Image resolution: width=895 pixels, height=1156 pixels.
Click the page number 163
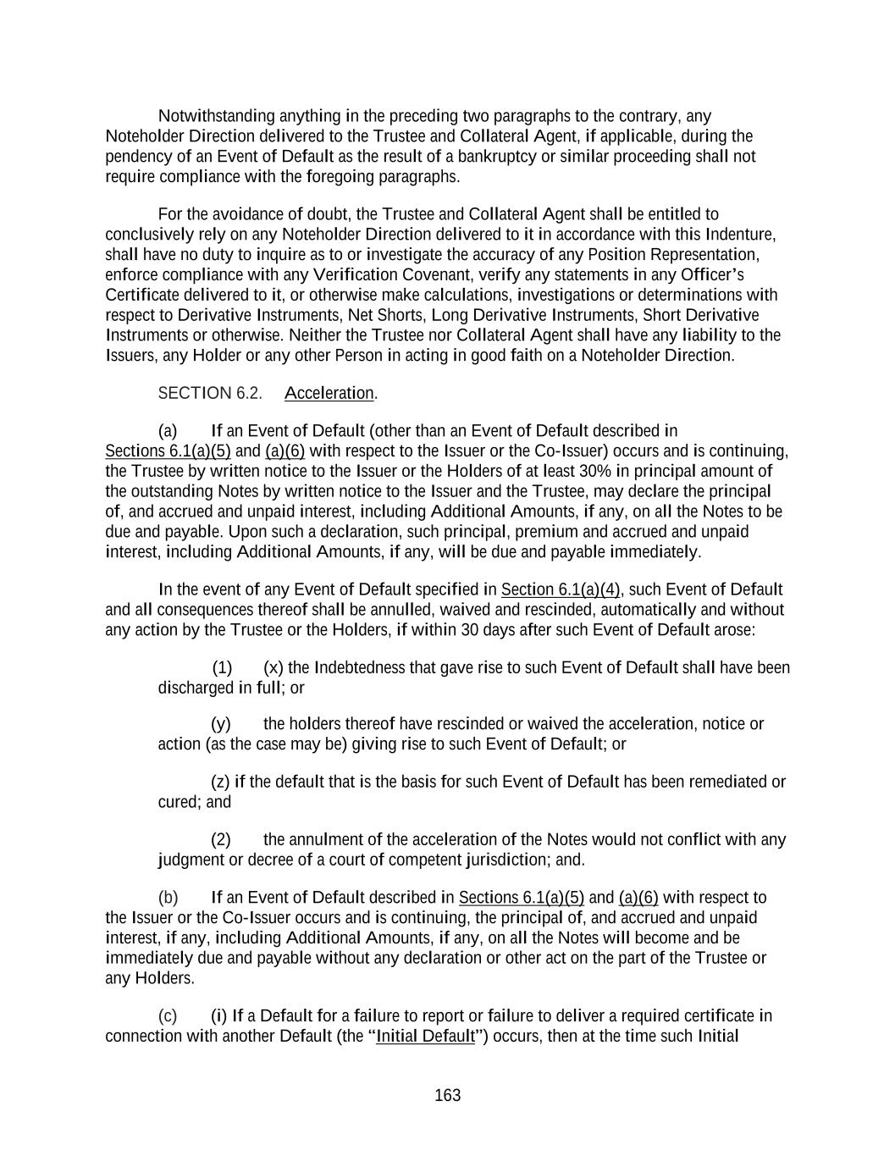pos(447,1096)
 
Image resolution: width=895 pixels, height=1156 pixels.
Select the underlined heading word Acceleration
pos(329,393)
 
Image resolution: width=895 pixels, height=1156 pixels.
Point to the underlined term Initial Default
pos(425,1037)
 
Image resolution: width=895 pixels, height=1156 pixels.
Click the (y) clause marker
pos(221,724)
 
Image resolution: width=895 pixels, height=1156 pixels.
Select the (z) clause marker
pos(220,782)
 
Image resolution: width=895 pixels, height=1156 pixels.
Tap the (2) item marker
pos(221,840)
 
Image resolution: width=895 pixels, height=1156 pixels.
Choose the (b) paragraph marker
pos(168,898)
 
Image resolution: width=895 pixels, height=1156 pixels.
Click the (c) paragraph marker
pos(168,1016)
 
